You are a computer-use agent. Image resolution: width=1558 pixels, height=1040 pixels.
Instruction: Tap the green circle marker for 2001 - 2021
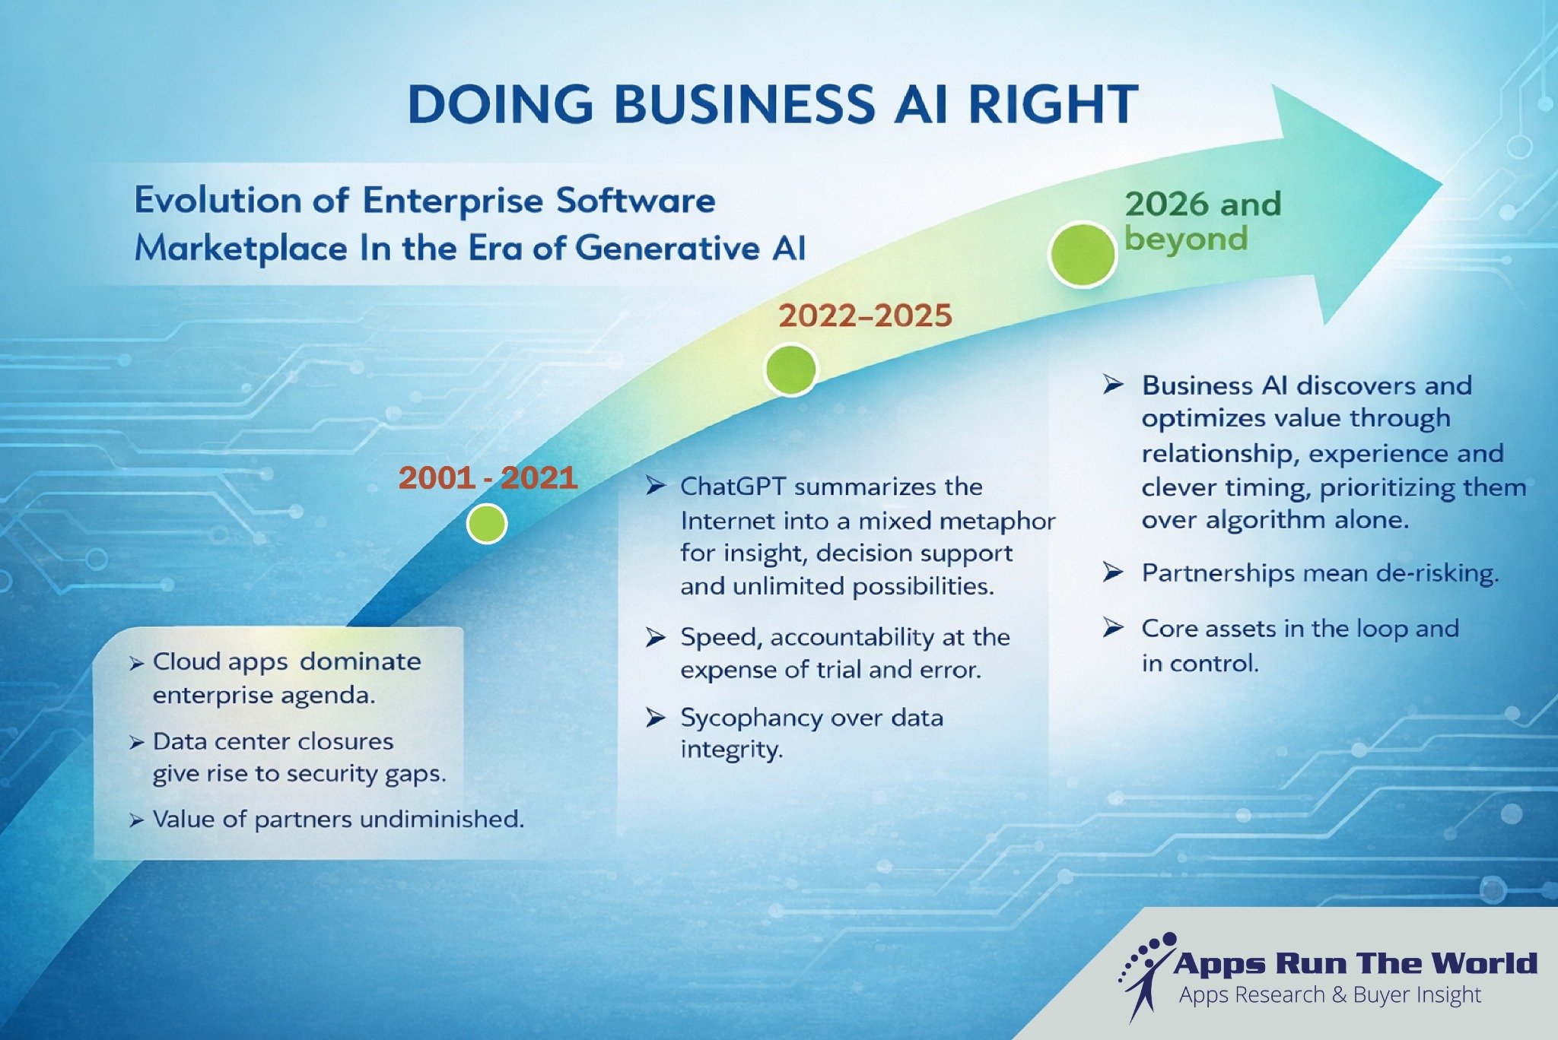tap(486, 523)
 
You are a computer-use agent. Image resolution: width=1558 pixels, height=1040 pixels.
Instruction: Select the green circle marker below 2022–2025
tap(790, 369)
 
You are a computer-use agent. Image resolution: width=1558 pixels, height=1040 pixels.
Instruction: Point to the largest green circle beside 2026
tap(1081, 255)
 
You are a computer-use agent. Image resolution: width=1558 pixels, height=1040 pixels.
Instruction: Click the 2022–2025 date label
tap(865, 315)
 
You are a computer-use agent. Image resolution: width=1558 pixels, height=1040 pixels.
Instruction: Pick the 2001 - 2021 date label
tap(488, 477)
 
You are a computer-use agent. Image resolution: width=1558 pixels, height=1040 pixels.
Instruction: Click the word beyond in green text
tap(1186, 239)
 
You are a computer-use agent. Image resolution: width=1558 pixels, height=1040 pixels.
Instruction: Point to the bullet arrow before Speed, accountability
tap(655, 637)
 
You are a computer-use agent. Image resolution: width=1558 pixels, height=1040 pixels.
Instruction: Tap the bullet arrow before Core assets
tap(1113, 628)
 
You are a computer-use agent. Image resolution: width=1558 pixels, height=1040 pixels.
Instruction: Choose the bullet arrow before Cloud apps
tap(136, 664)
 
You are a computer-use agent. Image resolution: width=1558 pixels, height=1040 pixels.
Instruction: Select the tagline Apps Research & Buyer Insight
tap(1330, 994)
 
